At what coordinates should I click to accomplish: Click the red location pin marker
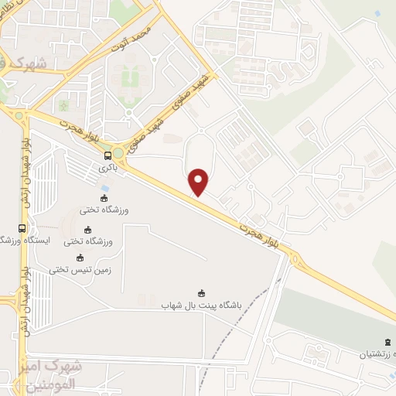tap(199, 182)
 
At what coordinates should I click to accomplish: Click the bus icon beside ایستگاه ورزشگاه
tap(22, 228)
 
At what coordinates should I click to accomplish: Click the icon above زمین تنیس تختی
tap(78, 258)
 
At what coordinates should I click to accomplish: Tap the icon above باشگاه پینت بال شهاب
tap(201, 292)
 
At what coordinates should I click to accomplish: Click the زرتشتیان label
tap(376, 353)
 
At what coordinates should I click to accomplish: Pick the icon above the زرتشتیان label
tap(387, 342)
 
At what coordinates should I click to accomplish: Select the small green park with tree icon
tap(64, 104)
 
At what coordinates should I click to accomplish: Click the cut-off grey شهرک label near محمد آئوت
tap(24, 61)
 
